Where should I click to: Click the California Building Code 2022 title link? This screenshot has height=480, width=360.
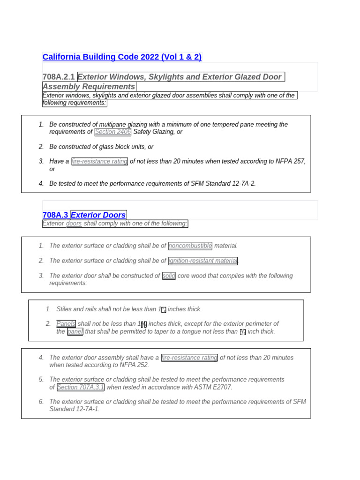tap(122, 57)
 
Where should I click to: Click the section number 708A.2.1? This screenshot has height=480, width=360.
tap(59, 77)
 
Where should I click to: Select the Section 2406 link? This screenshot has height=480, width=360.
tap(112, 132)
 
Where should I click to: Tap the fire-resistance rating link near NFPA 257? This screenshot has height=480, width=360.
tap(99, 162)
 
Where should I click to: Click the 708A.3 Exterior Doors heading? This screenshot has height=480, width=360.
tap(84, 215)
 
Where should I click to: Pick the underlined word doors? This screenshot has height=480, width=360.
tap(74, 224)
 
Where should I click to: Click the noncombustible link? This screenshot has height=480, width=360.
tap(190, 246)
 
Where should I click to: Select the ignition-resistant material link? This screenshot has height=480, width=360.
tap(203, 261)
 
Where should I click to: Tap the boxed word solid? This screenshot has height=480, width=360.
tap(169, 276)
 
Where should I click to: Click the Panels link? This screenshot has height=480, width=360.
tap(66, 324)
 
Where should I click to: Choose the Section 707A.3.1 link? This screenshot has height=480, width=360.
tap(81, 387)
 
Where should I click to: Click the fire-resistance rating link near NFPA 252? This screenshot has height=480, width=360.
tap(189, 358)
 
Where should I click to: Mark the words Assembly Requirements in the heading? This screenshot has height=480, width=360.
tap(89, 87)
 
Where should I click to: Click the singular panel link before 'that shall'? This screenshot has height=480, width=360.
tap(75, 332)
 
